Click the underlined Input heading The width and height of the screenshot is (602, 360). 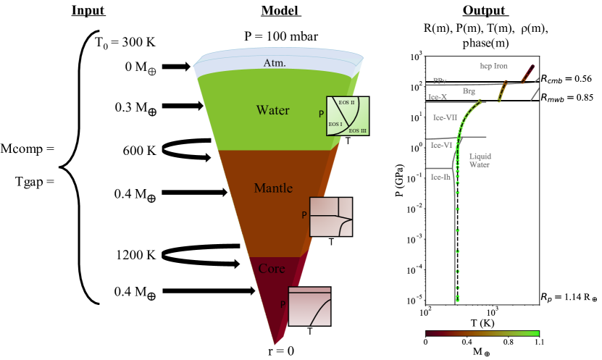87,12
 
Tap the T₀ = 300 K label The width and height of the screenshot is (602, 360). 125,41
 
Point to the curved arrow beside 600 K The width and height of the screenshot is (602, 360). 185,149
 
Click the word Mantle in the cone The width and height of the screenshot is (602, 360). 273,188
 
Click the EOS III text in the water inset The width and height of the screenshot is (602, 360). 359,130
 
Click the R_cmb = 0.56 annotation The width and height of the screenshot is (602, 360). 568,78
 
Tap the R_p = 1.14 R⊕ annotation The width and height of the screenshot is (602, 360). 568,298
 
